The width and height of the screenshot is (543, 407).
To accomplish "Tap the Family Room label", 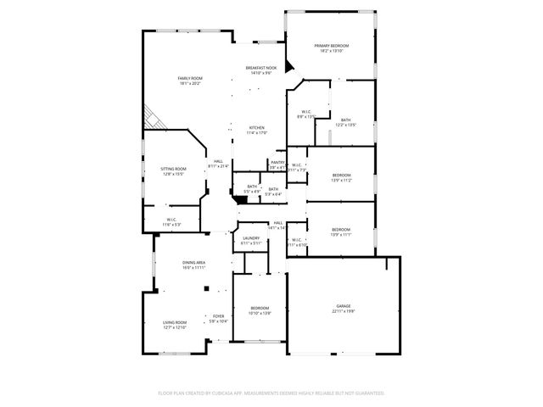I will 189,81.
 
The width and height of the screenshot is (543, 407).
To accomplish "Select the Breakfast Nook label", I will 260,70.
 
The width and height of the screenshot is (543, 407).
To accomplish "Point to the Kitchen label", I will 257,130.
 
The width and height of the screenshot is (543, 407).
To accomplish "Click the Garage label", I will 343,308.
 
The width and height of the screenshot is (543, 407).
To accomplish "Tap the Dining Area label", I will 193,265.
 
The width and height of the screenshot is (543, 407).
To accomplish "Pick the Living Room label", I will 175,324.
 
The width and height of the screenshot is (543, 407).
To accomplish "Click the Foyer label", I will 218,319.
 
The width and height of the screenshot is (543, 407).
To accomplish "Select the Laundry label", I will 250,241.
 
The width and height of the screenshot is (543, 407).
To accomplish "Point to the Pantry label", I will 277,164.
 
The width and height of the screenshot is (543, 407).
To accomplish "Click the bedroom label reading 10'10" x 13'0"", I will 260,310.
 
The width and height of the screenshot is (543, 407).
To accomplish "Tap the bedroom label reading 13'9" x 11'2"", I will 340,177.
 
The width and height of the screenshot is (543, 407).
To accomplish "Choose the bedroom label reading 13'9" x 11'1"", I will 340,231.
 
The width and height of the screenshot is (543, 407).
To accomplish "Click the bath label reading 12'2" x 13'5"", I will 345,122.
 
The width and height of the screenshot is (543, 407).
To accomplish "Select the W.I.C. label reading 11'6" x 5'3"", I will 171,222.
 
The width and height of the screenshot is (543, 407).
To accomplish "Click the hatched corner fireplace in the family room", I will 150,116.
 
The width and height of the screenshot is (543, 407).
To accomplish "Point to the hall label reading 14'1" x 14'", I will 277,226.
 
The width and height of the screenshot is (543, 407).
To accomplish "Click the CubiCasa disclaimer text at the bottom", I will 271,393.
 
